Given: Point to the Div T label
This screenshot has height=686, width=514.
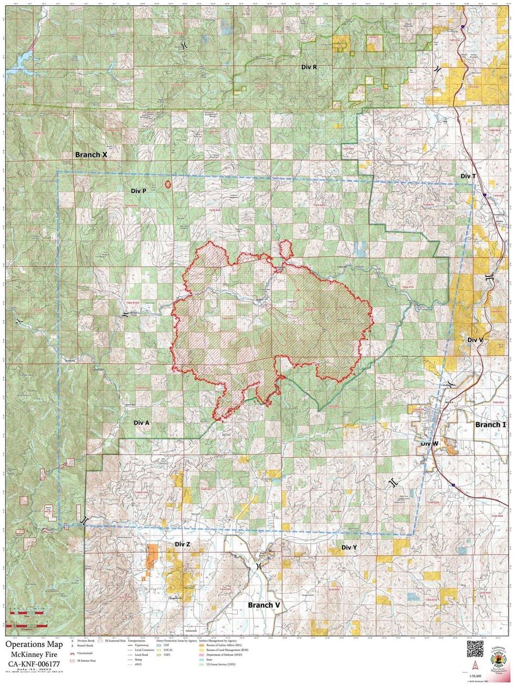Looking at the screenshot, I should point(468,176).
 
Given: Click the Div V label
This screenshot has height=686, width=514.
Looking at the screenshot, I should point(475,340).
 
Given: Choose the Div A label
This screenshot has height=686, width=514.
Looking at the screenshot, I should point(142,423).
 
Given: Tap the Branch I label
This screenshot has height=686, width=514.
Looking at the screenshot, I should point(490,424).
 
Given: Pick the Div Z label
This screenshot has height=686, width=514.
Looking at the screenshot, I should point(182,544).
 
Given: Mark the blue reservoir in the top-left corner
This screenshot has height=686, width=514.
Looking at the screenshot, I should point(16,58).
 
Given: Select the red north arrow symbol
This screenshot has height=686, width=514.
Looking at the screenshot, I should point(464,672).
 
